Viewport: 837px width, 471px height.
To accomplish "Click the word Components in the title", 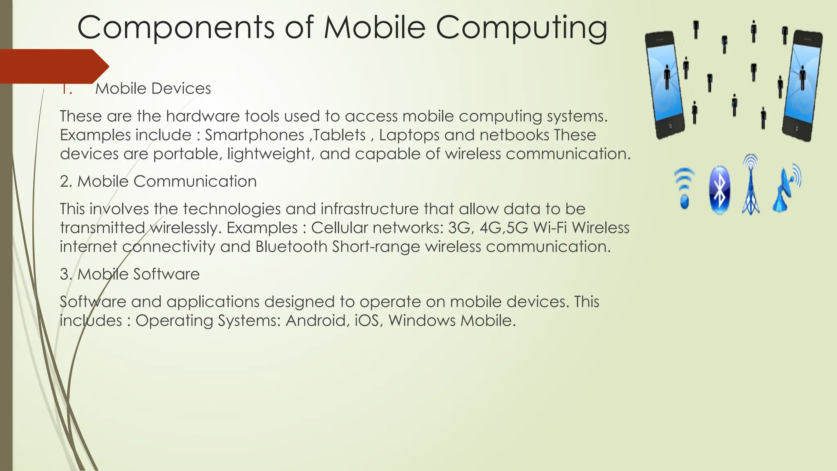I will point(176,28).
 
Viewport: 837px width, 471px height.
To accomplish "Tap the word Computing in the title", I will point(521,28).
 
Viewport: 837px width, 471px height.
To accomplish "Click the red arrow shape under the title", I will point(53,66).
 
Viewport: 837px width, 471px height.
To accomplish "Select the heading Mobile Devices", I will point(153,89).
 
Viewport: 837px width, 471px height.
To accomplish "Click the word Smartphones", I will point(254,135).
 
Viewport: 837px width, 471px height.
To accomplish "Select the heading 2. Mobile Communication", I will point(158,182).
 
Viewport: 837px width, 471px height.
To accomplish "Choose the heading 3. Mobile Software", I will point(130,274).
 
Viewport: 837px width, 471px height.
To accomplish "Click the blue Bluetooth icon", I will point(719,191).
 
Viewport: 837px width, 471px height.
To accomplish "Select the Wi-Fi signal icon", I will point(684,188).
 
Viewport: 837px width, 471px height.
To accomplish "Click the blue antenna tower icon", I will point(751,185).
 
